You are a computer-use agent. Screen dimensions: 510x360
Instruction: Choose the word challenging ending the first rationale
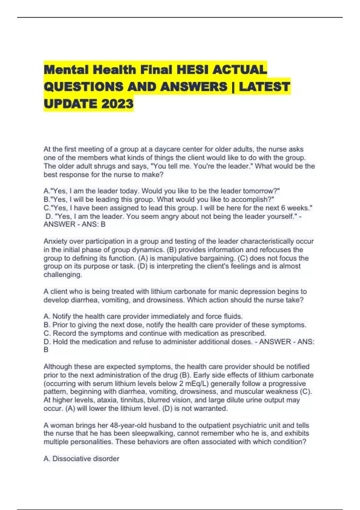pos(63,275)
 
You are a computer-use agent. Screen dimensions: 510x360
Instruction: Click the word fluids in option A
pos(233,316)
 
